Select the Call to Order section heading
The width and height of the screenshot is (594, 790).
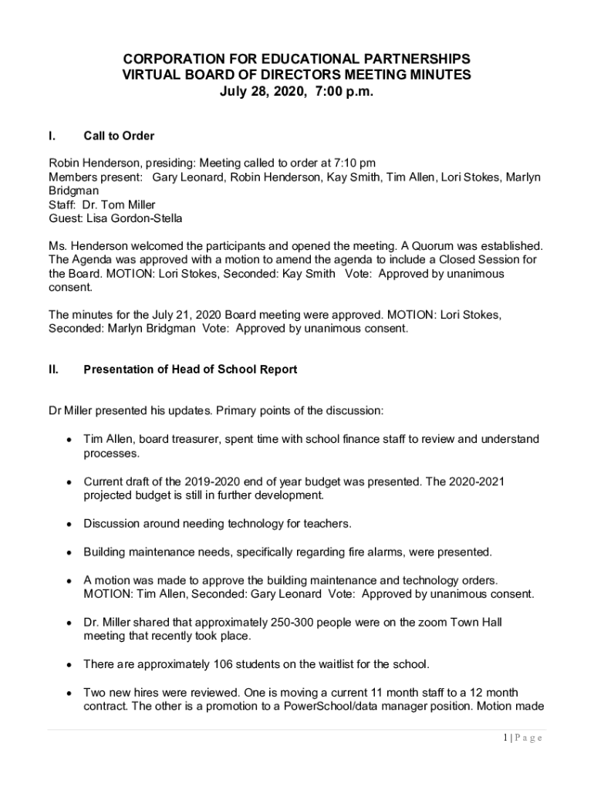119,136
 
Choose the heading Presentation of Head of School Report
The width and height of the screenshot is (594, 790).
190,370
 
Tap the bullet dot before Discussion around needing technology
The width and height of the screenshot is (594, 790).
69,524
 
